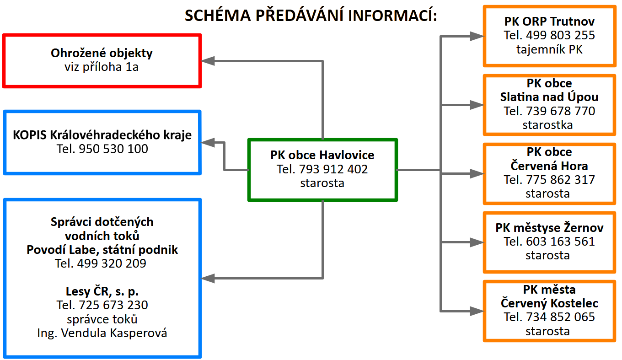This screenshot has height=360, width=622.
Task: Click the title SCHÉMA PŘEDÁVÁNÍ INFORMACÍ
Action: click(x=311, y=16)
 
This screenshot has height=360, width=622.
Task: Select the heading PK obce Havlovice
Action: click(x=322, y=155)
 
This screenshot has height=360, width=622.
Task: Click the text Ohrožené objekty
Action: click(x=102, y=53)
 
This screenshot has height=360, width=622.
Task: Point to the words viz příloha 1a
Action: click(x=102, y=67)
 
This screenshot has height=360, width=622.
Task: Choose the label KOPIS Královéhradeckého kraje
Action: click(x=102, y=135)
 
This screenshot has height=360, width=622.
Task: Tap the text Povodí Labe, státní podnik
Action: click(x=102, y=250)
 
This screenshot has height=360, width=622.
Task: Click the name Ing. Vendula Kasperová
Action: click(x=102, y=333)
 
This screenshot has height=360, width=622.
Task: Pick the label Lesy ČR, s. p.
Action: click(x=102, y=291)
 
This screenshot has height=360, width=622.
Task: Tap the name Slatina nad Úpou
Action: click(x=549, y=97)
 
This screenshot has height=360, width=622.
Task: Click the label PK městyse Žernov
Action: click(x=549, y=227)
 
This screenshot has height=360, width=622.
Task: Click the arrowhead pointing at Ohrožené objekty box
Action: click(x=208, y=60)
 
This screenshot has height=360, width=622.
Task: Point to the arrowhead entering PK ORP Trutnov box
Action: click(x=477, y=36)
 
